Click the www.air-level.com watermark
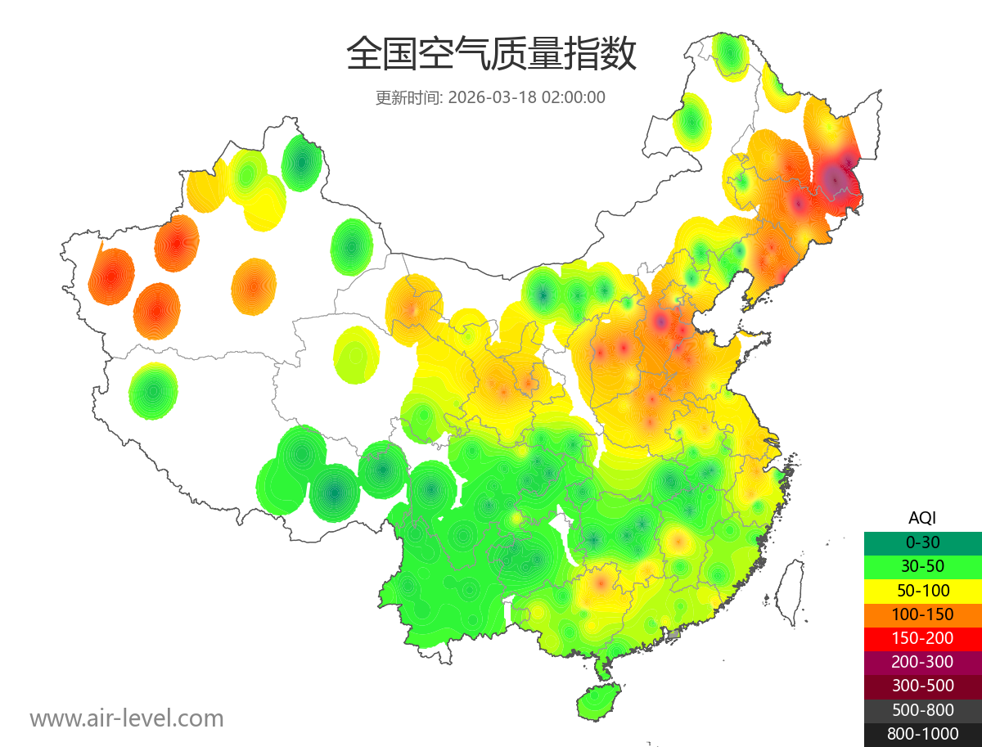click(127, 718)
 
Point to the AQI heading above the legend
click(922, 518)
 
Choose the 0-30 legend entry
click(922, 542)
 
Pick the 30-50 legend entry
click(922, 566)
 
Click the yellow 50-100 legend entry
click(922, 590)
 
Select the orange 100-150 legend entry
click(922, 614)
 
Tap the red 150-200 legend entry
click(922, 637)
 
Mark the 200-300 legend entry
click(922, 662)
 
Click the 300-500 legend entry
click(922, 686)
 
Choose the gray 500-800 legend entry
click(922, 710)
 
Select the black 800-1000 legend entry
click(922, 734)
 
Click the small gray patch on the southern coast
click(674, 634)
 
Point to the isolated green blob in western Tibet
click(153, 391)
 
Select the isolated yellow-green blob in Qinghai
click(357, 354)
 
